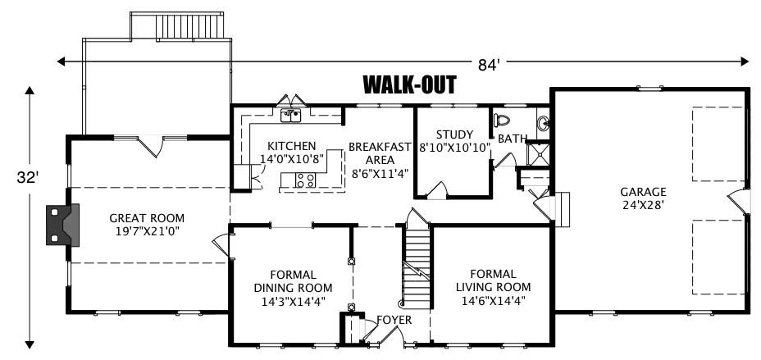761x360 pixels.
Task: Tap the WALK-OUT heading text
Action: click(x=408, y=84)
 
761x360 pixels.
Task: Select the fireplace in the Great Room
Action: click(x=62, y=223)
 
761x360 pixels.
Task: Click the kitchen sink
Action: click(x=289, y=116)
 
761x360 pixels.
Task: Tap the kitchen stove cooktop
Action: click(x=305, y=180)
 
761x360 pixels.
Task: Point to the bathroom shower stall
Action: click(x=539, y=154)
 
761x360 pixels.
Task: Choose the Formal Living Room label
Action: click(x=493, y=286)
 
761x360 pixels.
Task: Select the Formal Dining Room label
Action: click(x=293, y=287)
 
